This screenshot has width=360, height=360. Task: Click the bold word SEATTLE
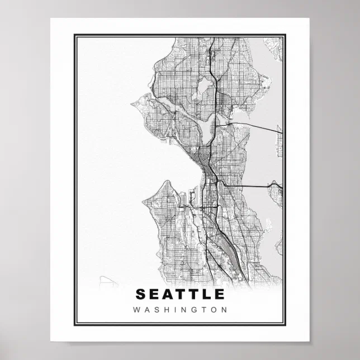point(180,294)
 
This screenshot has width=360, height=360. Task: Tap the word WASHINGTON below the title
point(180,309)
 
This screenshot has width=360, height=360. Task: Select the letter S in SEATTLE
point(140,294)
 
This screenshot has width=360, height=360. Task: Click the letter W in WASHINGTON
point(137,309)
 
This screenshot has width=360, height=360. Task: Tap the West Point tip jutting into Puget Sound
point(133,103)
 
